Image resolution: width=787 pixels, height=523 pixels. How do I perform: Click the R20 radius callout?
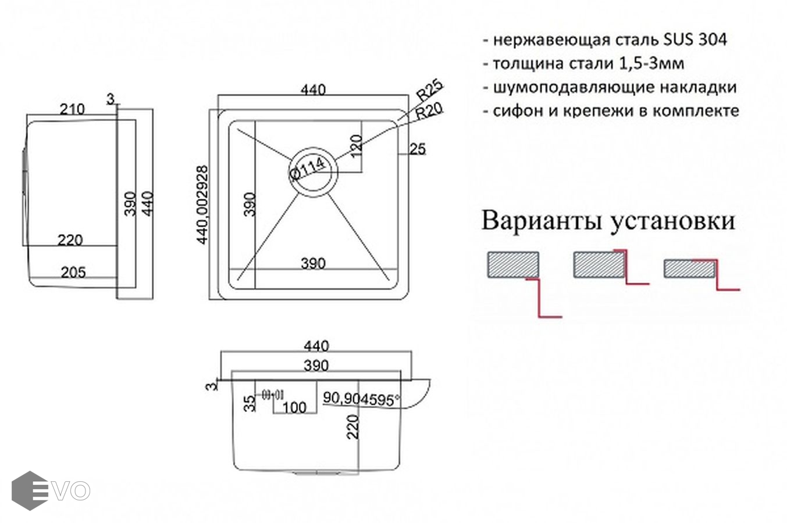pyautogui.click(x=430, y=110)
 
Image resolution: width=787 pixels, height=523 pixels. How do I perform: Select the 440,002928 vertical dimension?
pyautogui.click(x=202, y=205)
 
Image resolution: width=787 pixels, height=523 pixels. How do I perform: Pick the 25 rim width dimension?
pyautogui.click(x=418, y=149)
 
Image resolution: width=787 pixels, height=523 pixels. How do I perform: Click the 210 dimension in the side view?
pyautogui.click(x=72, y=109)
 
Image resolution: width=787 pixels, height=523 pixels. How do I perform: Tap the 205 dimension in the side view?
pyautogui.click(x=73, y=272)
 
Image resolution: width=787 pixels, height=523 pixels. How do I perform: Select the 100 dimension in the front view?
pyautogui.click(x=294, y=407)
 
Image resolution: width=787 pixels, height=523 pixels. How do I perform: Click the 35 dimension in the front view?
pyautogui.click(x=250, y=403)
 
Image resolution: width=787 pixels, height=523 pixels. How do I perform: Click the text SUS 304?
pyautogui.click(x=695, y=40)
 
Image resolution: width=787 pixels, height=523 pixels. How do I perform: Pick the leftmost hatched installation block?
pyautogui.click(x=512, y=264)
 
